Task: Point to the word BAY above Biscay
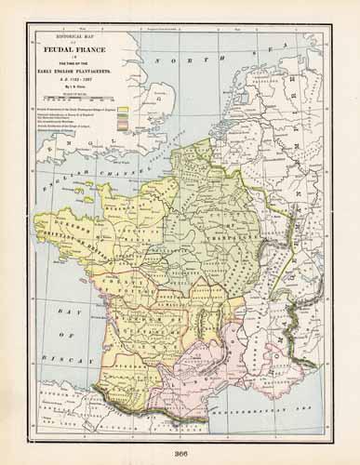[67, 318]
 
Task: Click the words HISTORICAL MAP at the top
[81, 35]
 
